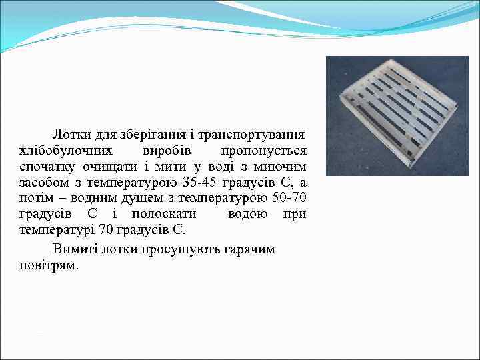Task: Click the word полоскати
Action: coord(164,214)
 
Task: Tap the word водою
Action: coord(248,214)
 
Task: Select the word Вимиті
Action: coord(73,249)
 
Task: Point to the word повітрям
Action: coord(49,265)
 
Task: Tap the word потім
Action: coord(39,198)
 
